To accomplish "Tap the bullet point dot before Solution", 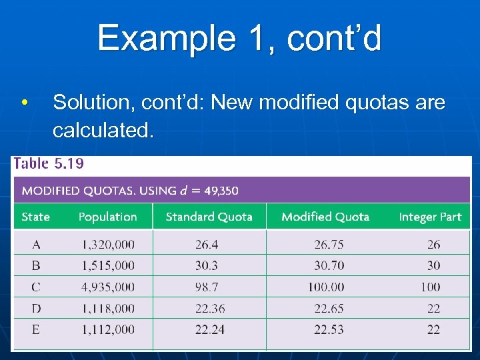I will [24, 103].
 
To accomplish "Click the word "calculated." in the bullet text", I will [103, 131].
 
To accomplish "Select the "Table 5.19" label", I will [49, 164].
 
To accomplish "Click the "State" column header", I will [36, 217].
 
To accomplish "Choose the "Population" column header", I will [107, 217].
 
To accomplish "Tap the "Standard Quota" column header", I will [209, 217].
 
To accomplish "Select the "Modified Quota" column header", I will [325, 217].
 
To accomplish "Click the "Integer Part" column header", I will [430, 217].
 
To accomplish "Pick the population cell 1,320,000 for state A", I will [108, 245].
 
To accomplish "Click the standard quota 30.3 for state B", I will [207, 265].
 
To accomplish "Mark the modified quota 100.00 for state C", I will [329, 287].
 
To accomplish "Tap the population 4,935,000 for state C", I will [108, 287].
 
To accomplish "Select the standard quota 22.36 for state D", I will [209, 308].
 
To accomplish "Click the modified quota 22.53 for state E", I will [329, 329].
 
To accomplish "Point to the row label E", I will [35, 329].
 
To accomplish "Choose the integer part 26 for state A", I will [434, 245].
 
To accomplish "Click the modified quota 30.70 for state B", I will [329, 265].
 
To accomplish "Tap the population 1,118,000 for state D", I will [108, 308].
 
